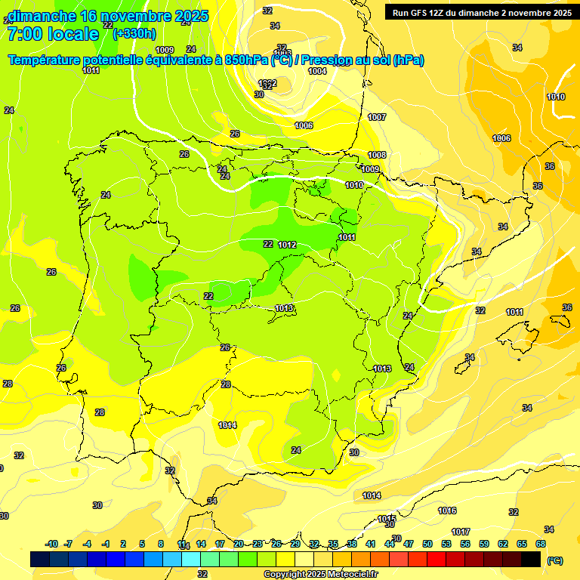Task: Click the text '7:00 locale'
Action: tap(53, 34)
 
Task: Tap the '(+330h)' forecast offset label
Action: tap(134, 33)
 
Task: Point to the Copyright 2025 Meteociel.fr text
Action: tap(321, 574)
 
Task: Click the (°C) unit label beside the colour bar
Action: tap(555, 560)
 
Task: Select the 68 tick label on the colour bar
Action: tap(541, 544)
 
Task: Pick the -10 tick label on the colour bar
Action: tap(51, 544)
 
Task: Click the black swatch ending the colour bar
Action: tap(531, 559)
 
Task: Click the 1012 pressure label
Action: tap(287, 245)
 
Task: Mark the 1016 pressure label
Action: tap(447, 511)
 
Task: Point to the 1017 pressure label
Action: tap(461, 532)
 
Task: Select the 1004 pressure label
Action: tap(317, 71)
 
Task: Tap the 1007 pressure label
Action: tap(377, 117)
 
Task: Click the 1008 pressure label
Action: tap(377, 155)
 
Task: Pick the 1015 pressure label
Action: tap(387, 519)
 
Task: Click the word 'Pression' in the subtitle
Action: tap(330, 60)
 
